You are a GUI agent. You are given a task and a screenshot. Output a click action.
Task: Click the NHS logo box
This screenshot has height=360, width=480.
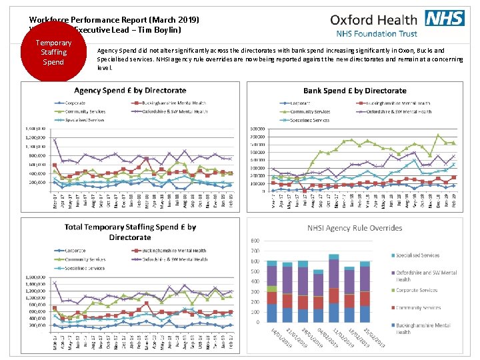click(x=445, y=18)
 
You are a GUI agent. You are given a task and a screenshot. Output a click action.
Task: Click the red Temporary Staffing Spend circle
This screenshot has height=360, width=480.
click(x=53, y=52)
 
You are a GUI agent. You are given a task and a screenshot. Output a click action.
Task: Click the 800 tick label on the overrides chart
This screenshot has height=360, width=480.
click(x=254, y=241)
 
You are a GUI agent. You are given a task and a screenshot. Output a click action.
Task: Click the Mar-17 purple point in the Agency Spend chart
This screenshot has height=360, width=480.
click(x=54, y=139)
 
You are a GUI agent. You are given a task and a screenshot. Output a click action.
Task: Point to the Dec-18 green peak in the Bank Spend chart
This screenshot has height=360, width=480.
click(x=438, y=135)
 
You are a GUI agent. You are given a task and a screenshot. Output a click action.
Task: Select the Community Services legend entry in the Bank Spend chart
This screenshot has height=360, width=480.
click(x=309, y=111)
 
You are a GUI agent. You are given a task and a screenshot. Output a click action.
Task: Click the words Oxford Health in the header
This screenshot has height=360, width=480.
click(x=373, y=19)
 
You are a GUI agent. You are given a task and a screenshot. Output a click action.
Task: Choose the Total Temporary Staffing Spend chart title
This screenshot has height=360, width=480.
click(x=131, y=232)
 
